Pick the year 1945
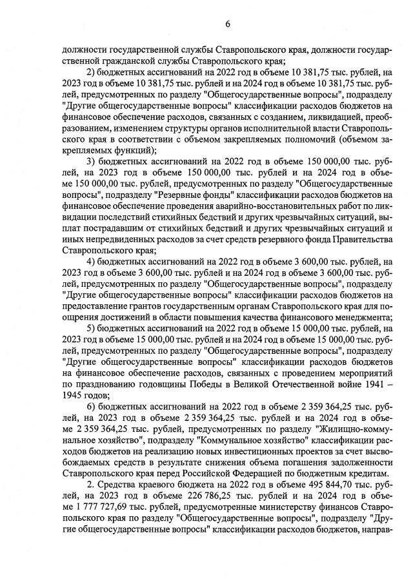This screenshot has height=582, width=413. [74, 396]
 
